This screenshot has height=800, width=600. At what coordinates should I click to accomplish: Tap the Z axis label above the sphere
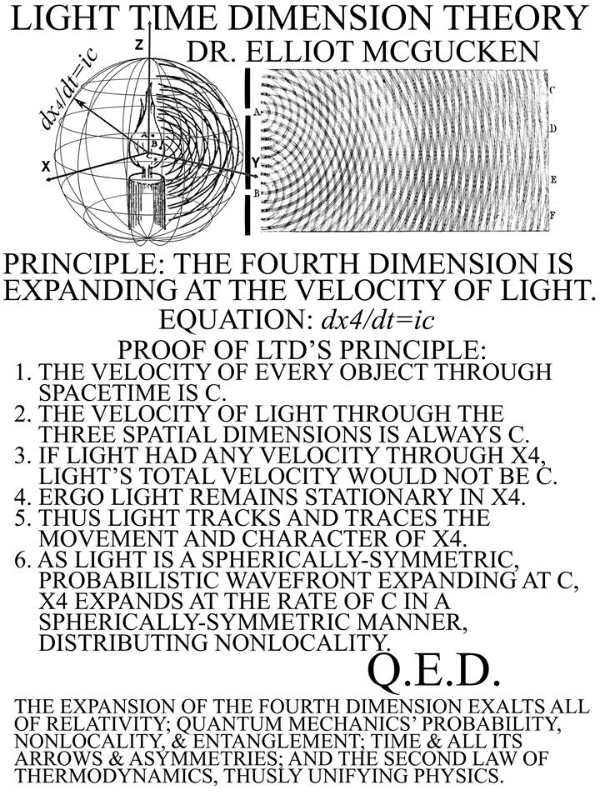pyautogui.click(x=138, y=45)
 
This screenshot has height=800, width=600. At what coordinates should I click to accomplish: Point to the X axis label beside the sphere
pyautogui.click(x=47, y=167)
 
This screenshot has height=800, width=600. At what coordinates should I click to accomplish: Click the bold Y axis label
pyautogui.click(x=256, y=163)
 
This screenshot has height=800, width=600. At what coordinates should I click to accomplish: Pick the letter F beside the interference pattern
pyautogui.click(x=552, y=215)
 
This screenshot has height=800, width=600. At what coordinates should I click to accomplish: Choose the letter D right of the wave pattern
pyautogui.click(x=552, y=128)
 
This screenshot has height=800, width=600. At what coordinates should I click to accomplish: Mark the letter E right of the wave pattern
pyautogui.click(x=552, y=180)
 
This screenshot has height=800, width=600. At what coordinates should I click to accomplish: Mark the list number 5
pyautogui.click(x=23, y=517)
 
